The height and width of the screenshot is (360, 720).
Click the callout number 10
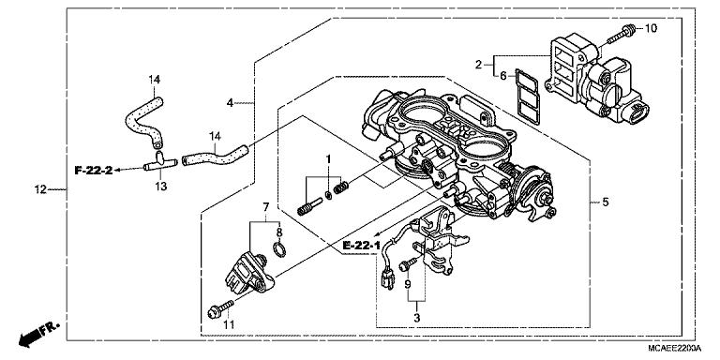pos(651,29)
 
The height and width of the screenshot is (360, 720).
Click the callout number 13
pos(160,187)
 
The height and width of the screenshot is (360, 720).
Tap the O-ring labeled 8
pos(278,248)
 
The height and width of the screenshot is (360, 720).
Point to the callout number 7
pos(265,206)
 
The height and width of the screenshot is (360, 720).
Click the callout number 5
pos(604,202)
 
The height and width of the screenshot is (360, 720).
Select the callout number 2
pos(478,64)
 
